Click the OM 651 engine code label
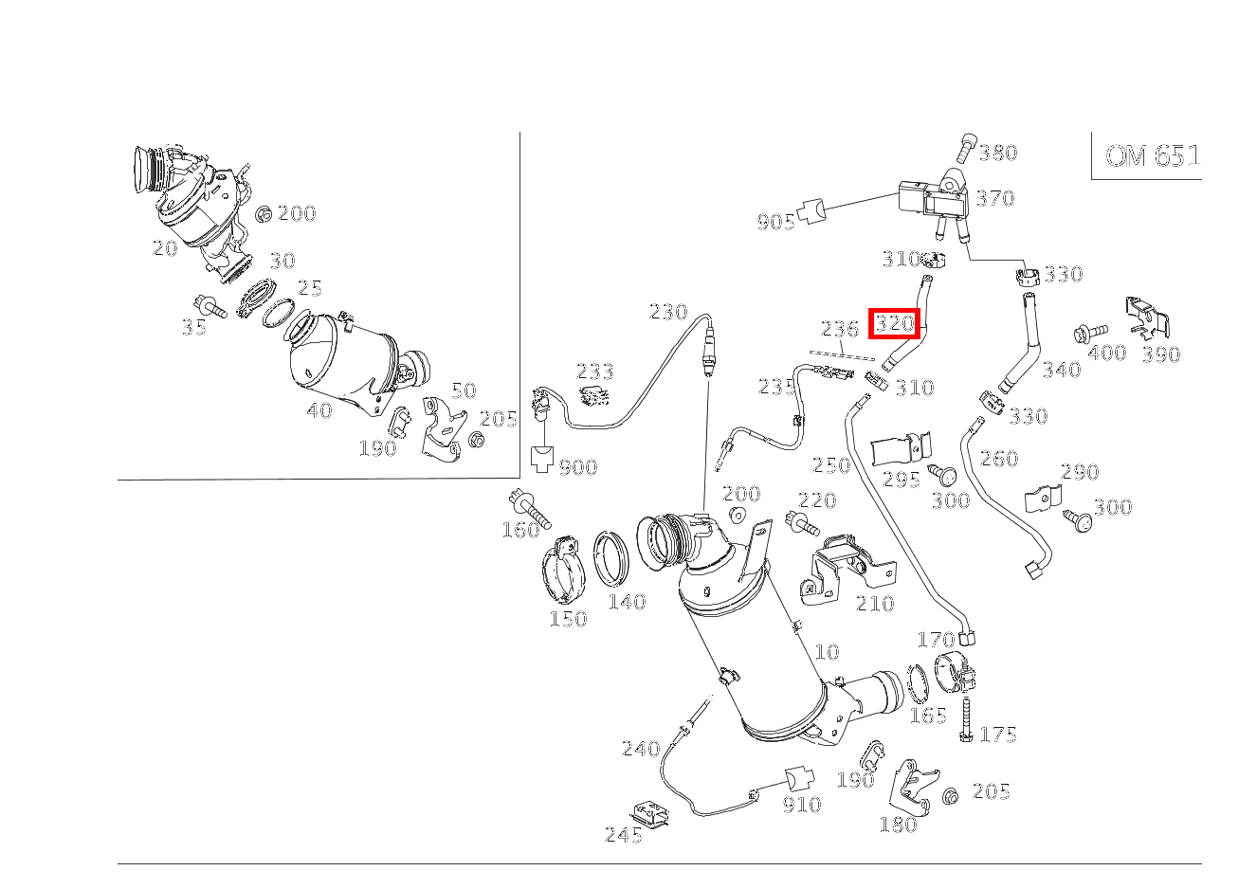(1153, 156)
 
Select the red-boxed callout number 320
(895, 323)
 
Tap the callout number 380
(998, 154)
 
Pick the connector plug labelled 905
(811, 210)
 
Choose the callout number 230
(668, 312)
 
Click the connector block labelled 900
(541, 460)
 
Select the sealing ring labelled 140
(611, 558)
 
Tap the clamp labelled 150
(564, 571)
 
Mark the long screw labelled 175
(966, 719)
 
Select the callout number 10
(827, 652)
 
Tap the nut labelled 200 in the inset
(264, 215)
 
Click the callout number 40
(319, 410)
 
